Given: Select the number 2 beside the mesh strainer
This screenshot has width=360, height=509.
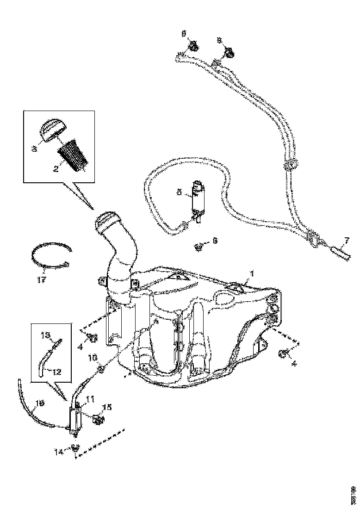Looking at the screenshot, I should (56, 169).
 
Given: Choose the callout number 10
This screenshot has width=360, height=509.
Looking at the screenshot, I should (93, 358).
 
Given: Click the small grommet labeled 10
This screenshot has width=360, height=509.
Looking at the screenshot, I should (101, 369).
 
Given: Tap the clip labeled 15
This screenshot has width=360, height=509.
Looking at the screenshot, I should (99, 420).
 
